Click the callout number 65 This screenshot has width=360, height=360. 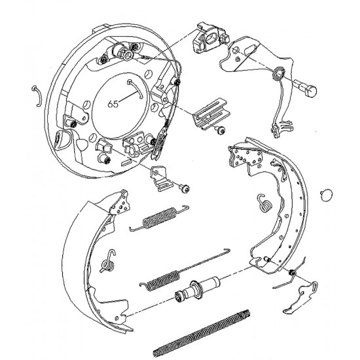[113, 104]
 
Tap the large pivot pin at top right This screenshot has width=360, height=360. [306, 88]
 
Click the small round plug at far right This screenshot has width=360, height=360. [327, 195]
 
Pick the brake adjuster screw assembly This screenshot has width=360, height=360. [198, 289]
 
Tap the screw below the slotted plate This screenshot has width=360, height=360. [221, 130]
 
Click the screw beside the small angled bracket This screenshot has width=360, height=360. [185, 189]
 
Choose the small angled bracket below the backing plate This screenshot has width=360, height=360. [161, 178]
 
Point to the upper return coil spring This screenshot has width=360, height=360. [159, 219]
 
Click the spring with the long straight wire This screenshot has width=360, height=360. [184, 271]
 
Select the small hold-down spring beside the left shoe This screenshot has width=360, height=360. [108, 262]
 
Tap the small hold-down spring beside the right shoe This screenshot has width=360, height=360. [264, 203]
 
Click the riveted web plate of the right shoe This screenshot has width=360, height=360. [245, 156]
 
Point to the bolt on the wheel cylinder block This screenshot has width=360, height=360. [225, 39]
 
